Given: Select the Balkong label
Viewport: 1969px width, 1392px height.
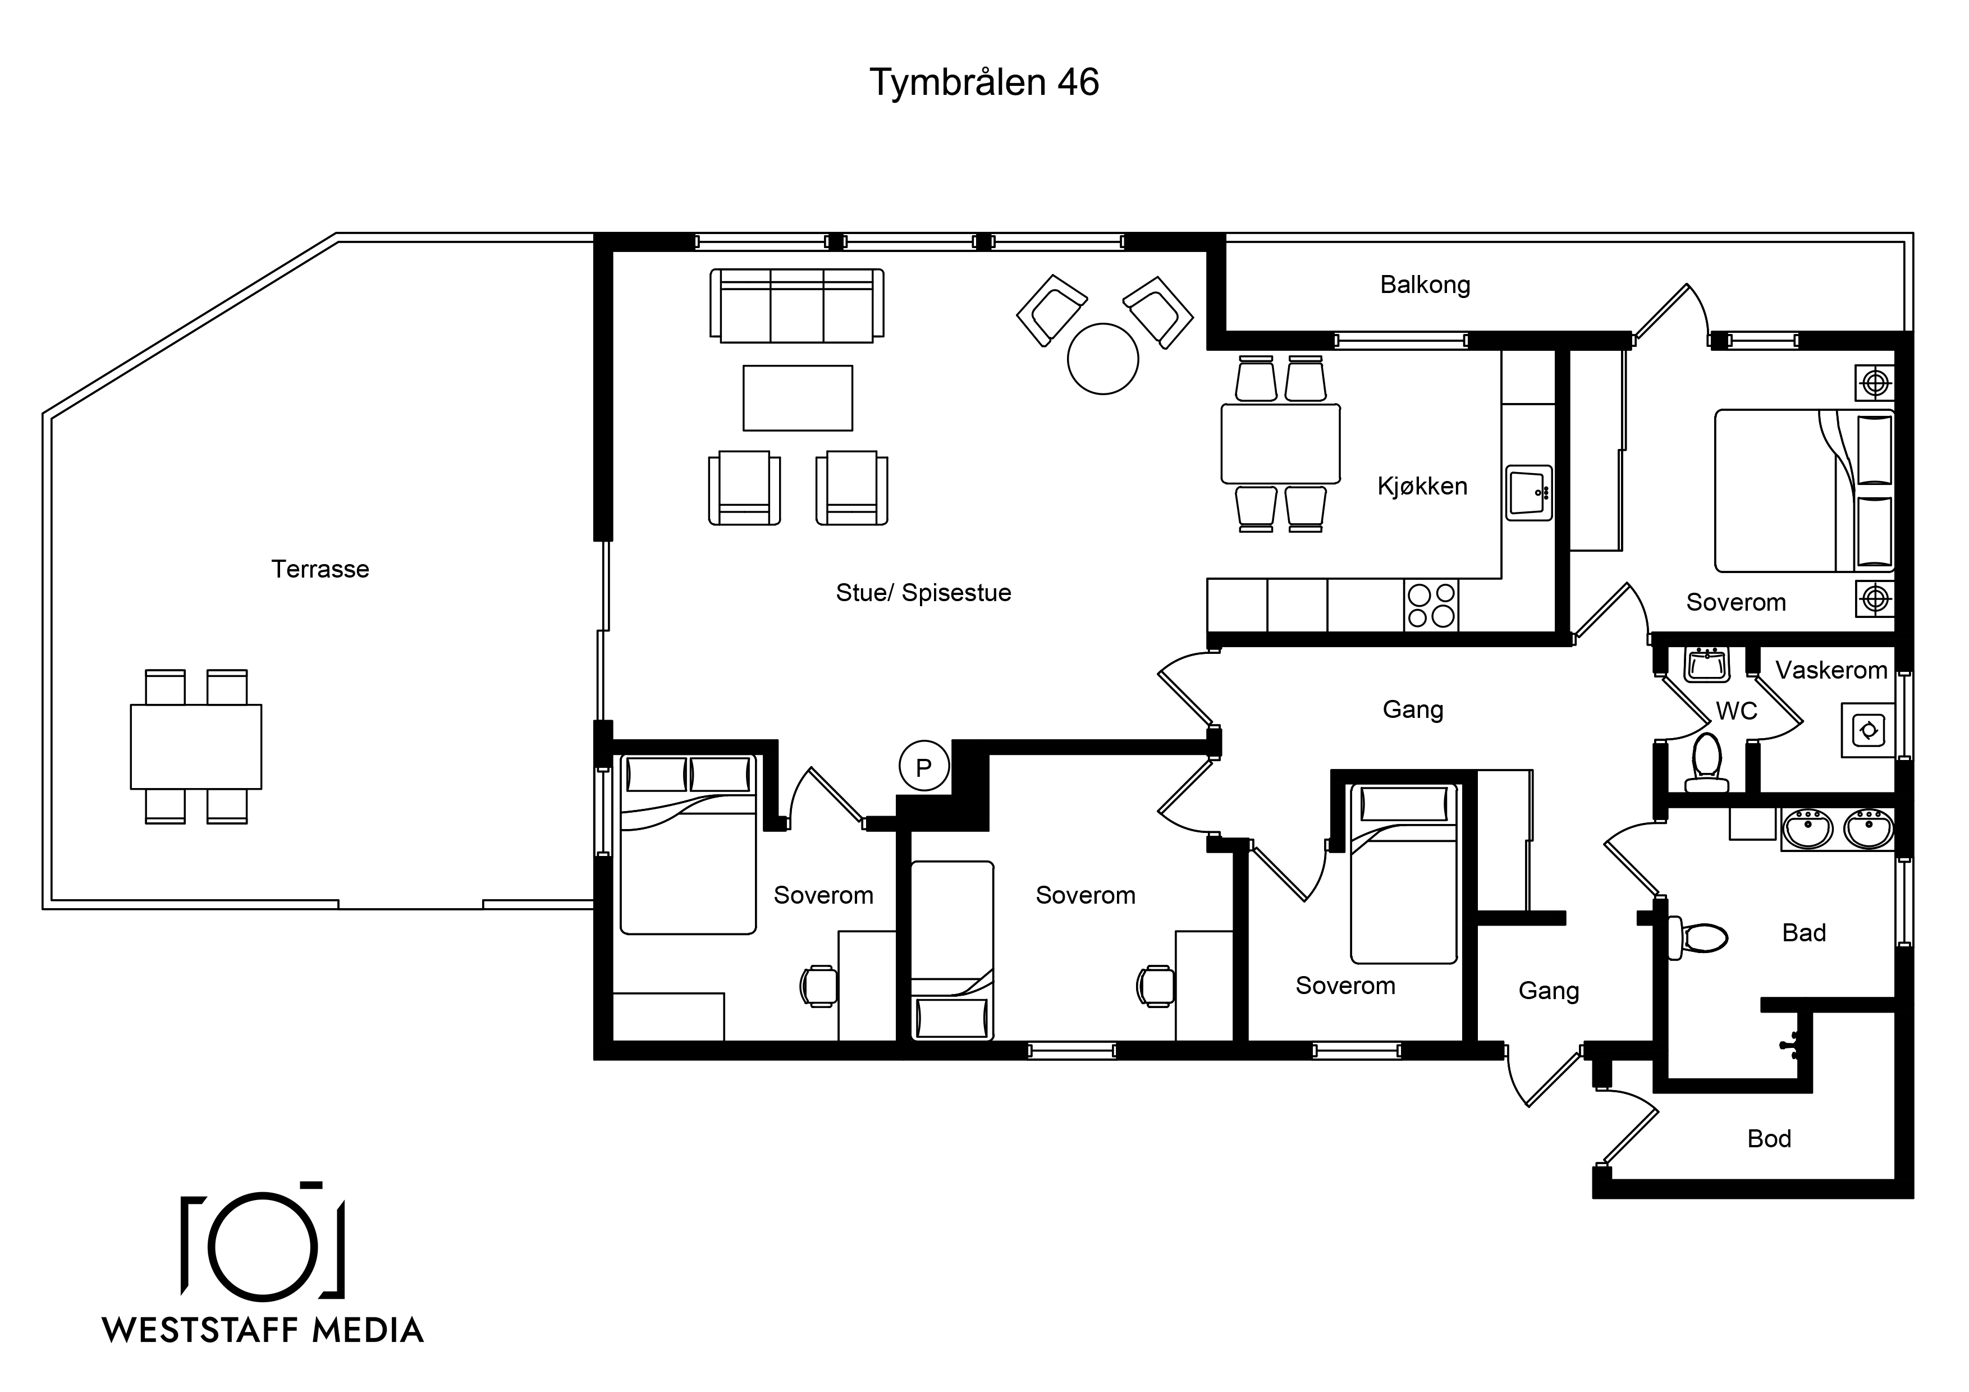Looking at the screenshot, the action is (x=1425, y=285).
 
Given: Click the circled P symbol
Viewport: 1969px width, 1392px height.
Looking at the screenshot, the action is (x=924, y=766).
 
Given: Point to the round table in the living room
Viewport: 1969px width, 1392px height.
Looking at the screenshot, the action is (x=1103, y=359).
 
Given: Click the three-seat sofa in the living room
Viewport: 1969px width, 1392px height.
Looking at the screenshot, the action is (x=796, y=306).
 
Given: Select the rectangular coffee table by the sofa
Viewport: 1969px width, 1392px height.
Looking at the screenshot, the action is (x=798, y=398).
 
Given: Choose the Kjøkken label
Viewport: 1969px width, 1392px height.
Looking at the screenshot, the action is (x=1422, y=486).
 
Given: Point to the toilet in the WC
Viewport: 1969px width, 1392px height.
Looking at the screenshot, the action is (x=1706, y=762).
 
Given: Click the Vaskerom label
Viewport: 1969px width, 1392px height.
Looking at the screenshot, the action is (x=1831, y=670).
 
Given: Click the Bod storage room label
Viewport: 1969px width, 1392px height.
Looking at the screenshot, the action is (x=1769, y=1138).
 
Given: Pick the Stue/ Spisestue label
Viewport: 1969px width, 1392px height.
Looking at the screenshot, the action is (x=924, y=593).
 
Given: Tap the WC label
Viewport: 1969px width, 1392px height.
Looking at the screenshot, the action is (x=1737, y=711).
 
